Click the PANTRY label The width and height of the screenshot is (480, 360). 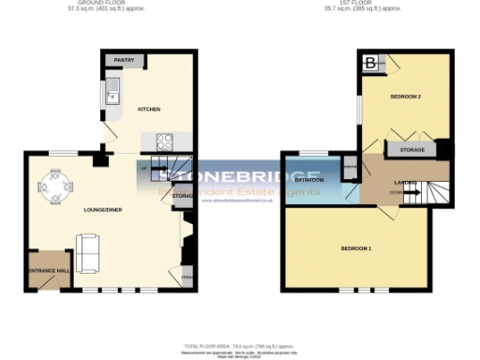[124, 61]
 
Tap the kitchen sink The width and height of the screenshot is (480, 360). [112, 92]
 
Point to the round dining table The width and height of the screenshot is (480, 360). [55, 187]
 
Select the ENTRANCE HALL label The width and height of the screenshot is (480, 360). [48, 271]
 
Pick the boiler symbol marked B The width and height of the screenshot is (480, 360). [371, 64]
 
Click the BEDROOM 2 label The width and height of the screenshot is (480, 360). [405, 97]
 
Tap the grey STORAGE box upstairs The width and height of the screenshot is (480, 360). [412, 150]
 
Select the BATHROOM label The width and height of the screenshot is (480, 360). [309, 179]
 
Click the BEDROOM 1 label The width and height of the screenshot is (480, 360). [356, 248]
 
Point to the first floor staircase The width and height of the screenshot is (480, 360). [435, 190]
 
